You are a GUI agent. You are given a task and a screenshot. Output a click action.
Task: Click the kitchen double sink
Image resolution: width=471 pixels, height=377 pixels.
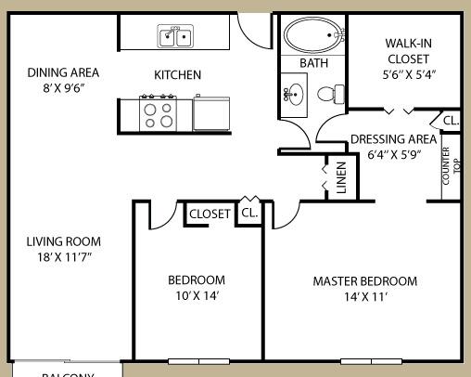point(174,37)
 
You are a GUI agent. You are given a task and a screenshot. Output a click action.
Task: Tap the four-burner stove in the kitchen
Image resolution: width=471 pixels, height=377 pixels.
point(158,114)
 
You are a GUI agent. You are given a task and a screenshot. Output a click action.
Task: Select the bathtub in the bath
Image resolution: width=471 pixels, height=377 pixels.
point(313,35)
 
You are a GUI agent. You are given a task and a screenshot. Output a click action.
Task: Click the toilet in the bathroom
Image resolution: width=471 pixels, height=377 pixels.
point(330,93)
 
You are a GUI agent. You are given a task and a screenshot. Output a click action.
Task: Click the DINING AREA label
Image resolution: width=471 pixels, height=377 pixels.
point(63,72)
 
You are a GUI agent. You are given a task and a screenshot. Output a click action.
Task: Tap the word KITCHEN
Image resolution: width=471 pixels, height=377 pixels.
point(177,75)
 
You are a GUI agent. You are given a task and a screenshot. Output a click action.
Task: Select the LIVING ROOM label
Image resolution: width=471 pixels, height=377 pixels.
point(64,241)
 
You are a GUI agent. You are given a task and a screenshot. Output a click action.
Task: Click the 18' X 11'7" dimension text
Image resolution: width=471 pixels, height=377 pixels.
point(64,257)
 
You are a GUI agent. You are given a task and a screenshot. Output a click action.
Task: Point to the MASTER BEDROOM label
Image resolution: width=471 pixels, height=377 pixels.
point(364,281)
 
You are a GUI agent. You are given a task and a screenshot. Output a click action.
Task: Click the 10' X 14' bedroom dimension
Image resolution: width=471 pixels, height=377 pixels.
point(196,296)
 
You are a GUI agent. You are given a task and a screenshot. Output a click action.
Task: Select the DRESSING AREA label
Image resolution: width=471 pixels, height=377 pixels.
point(393,140)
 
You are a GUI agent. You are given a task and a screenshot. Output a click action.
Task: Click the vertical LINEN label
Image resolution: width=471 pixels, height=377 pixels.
point(340,178)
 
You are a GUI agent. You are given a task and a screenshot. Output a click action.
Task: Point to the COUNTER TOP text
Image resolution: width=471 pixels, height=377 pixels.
point(452,166)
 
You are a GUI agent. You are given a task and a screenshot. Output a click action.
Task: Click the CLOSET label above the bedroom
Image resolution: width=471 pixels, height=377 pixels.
point(210,214)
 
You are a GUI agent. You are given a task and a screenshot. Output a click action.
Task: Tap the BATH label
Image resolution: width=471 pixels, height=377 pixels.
point(313,63)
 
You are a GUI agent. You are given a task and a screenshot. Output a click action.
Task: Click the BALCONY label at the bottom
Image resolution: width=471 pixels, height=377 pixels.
point(68,373)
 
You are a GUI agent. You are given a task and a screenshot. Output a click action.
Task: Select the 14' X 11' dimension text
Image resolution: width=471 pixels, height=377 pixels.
point(364,297)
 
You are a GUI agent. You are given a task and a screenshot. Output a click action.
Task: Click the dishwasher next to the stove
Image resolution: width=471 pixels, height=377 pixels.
point(210,114)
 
